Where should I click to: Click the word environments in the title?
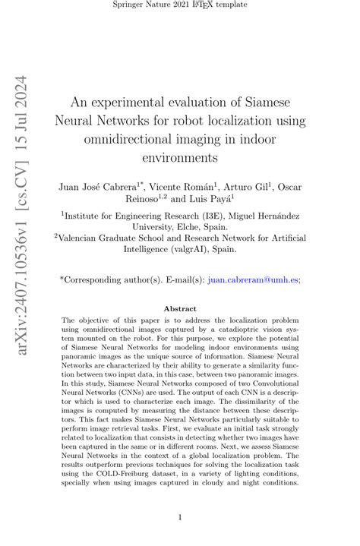[180, 158]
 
